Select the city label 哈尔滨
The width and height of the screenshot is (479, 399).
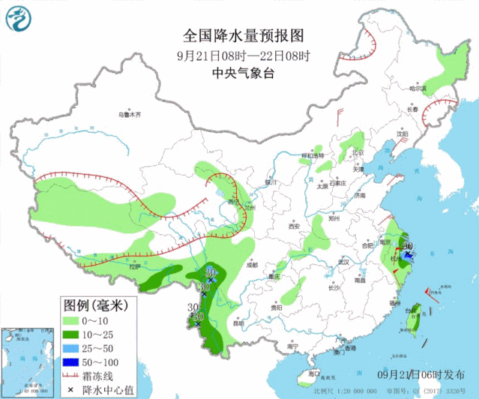[x=417, y=88]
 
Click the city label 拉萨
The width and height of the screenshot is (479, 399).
[x=134, y=266]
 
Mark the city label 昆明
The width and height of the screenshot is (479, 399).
[x=238, y=324]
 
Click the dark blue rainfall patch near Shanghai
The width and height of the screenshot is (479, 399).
[x=409, y=255]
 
